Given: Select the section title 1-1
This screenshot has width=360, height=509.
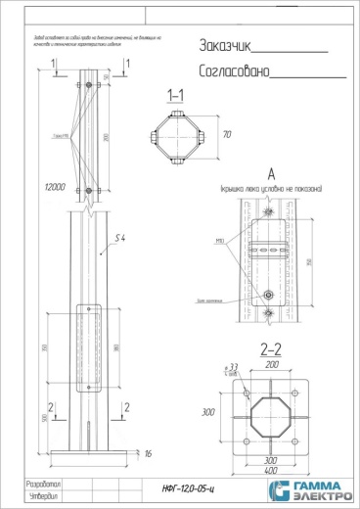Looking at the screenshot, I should pyautogui.click(x=177, y=97).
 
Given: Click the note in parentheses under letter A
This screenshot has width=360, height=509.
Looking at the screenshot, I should pyautogui.click(x=271, y=187).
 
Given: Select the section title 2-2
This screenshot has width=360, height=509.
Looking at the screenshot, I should pyautogui.click(x=271, y=347).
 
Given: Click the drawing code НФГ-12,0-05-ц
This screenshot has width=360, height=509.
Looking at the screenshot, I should pyautogui.click(x=185, y=486).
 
